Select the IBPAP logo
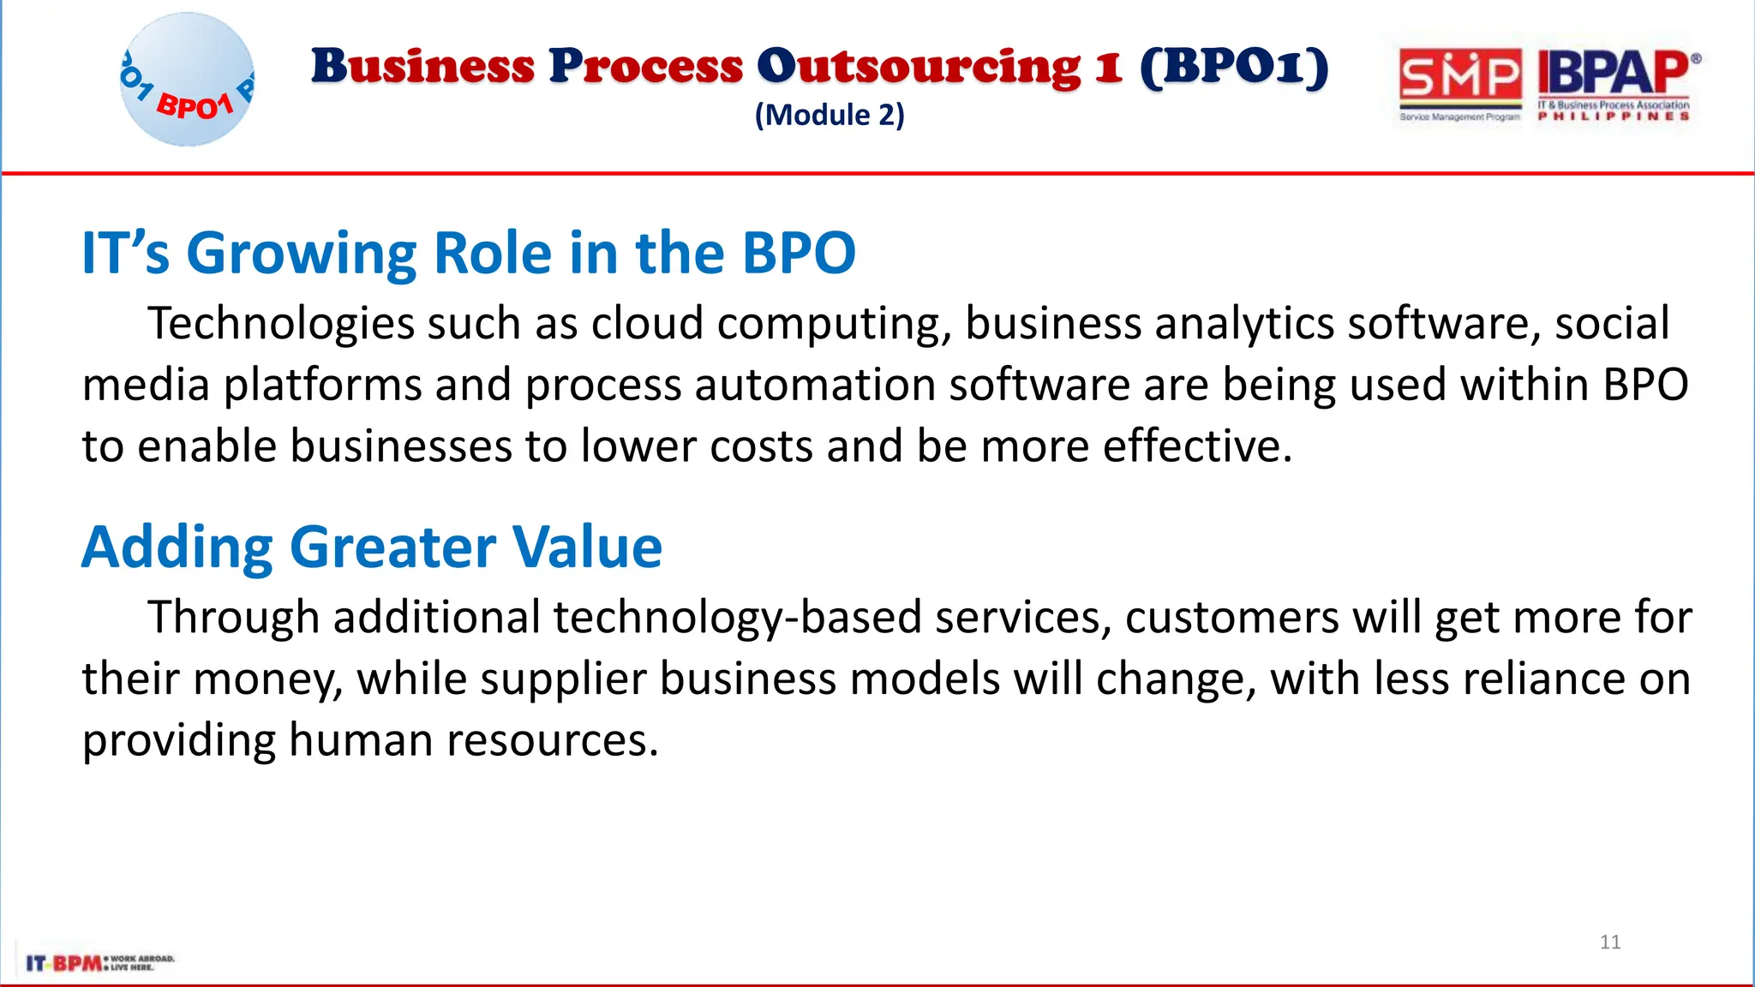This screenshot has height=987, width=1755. [x=1614, y=83]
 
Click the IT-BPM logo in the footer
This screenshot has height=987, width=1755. [x=99, y=962]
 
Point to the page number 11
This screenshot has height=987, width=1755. [x=1610, y=942]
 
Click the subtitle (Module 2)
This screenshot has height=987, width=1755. [x=830, y=115]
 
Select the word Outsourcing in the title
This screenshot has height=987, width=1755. [x=919, y=67]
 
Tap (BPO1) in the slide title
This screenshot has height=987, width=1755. [x=1234, y=67]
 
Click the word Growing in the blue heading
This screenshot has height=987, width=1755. [x=302, y=254]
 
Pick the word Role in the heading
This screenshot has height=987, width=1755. [x=494, y=254]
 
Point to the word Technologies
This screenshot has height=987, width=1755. [x=281, y=324]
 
